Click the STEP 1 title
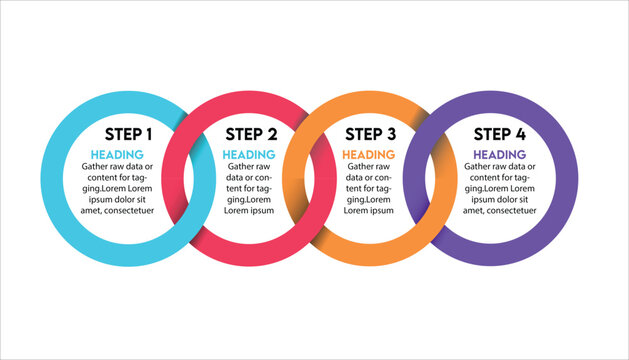click(x=129, y=133)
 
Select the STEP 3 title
click(x=369, y=133)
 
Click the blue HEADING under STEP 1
click(x=118, y=154)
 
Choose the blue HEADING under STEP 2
click(x=248, y=154)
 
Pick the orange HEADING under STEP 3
click(x=368, y=154)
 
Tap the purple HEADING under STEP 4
click(x=499, y=154)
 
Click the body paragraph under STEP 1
click(x=118, y=188)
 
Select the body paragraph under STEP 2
click(x=248, y=188)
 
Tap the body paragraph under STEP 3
click(x=368, y=188)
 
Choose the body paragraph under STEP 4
click(x=499, y=188)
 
